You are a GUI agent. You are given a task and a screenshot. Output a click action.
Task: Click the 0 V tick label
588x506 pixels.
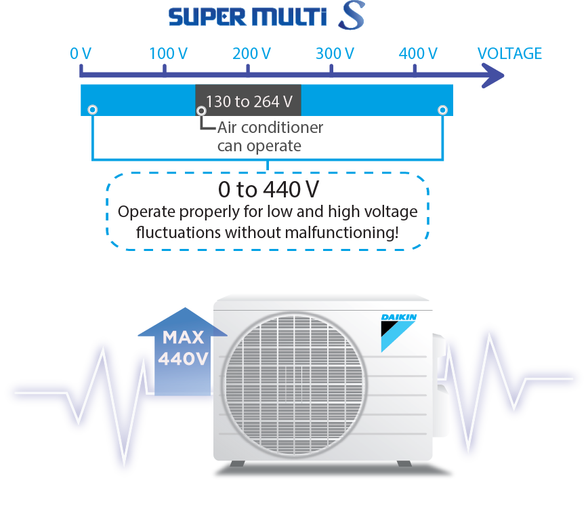[x=80, y=54]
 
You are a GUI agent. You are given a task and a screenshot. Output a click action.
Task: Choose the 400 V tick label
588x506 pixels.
[x=417, y=54]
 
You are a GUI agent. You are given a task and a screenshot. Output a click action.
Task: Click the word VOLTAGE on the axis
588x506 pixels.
[x=509, y=54]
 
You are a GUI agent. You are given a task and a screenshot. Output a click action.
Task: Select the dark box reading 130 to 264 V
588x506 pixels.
[x=248, y=101]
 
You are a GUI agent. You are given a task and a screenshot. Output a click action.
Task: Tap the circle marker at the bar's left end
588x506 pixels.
[x=92, y=110]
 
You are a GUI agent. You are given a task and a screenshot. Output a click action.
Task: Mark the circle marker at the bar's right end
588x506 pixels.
[x=442, y=110]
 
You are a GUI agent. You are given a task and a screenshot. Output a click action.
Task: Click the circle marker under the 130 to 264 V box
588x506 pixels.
[x=201, y=111]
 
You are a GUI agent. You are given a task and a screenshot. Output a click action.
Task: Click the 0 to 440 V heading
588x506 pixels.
[x=268, y=190]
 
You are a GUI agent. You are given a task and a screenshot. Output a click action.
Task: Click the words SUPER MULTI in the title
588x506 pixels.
[x=248, y=16]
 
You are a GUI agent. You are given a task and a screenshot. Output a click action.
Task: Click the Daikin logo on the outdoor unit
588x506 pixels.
[x=398, y=331]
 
